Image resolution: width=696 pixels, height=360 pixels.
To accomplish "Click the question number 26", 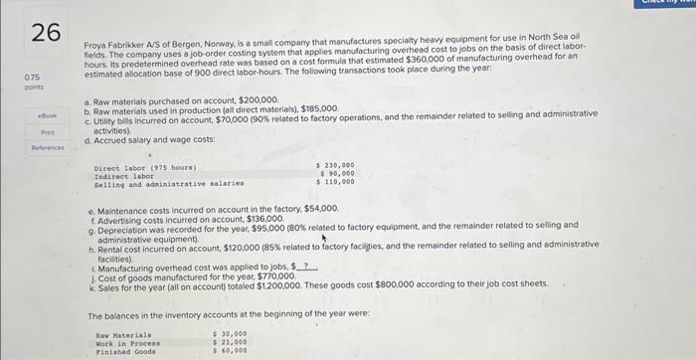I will coord(44,32).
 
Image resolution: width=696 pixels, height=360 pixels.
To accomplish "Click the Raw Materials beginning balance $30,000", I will coord(231,334).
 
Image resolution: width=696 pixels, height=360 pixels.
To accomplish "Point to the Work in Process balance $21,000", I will coord(231,342).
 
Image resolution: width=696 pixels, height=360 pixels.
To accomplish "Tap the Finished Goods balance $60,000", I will coord(231,350).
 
